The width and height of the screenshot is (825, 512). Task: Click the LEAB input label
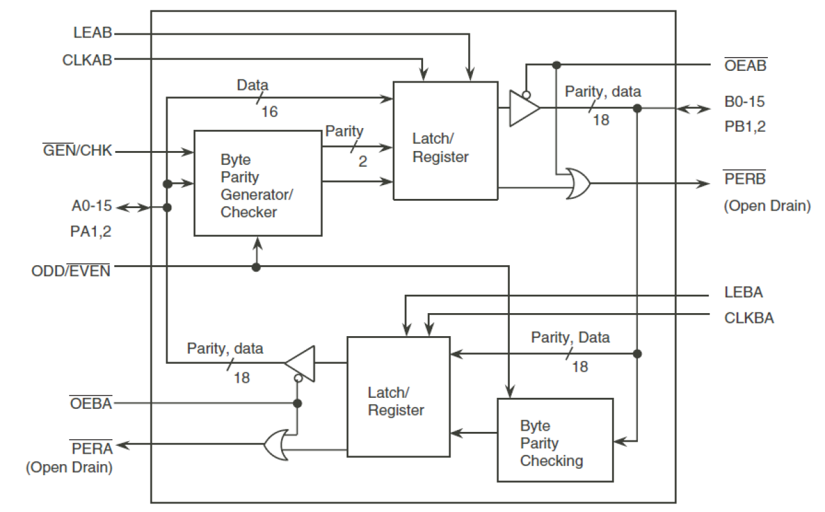(x=93, y=32)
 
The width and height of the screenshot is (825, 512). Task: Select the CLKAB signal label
(x=87, y=60)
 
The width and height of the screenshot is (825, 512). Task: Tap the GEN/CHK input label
(x=78, y=152)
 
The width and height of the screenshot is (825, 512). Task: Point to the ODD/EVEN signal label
(x=71, y=269)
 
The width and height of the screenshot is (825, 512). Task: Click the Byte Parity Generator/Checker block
(x=257, y=183)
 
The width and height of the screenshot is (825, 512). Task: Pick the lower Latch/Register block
(x=398, y=397)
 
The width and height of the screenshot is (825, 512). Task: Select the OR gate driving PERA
(x=276, y=446)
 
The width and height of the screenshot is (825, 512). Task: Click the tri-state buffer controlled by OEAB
(x=524, y=107)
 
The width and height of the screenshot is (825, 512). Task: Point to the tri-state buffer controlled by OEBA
(x=300, y=362)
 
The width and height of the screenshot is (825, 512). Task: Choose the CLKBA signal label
(x=748, y=318)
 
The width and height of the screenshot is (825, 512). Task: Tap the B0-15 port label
(x=744, y=102)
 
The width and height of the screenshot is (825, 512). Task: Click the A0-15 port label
(x=92, y=207)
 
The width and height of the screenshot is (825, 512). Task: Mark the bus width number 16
(x=269, y=112)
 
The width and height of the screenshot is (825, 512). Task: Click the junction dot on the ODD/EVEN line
(x=256, y=267)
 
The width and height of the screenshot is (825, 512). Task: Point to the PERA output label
(x=91, y=449)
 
